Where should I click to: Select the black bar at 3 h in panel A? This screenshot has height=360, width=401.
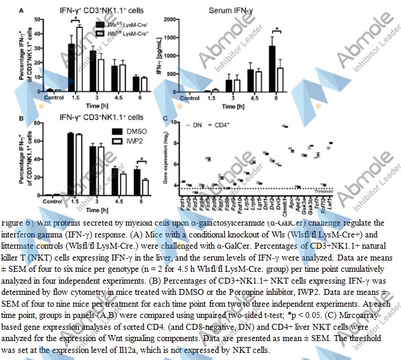click(92, 71)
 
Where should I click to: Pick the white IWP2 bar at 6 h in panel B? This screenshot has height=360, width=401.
click(145, 187)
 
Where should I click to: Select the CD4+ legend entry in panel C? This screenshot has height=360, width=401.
click(222, 126)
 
